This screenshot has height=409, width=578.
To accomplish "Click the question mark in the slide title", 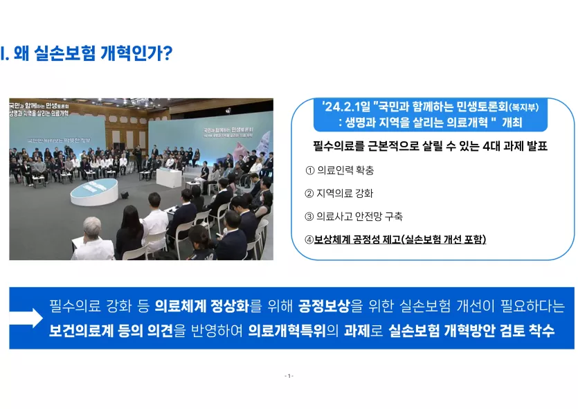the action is (168, 53).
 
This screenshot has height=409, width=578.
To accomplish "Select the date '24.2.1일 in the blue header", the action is (346, 107).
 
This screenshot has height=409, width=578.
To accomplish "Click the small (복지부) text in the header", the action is (523, 107).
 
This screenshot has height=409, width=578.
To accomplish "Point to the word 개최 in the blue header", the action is (512, 122).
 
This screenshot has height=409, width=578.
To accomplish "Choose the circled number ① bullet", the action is (309, 170).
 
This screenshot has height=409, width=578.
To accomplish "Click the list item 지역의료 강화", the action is (345, 194).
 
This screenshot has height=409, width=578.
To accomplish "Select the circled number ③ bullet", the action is (309, 217).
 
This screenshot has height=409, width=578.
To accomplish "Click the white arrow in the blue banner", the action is (26, 318).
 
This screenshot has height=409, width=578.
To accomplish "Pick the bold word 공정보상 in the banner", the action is (324, 306).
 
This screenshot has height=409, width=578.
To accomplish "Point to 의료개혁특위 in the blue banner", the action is (287, 331).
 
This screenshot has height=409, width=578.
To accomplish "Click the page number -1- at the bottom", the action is (289, 376).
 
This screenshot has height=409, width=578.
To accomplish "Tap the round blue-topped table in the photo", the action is (94, 192).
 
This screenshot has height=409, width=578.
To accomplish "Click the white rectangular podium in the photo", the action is (169, 178).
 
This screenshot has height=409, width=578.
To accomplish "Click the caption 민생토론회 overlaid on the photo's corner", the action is (57, 106).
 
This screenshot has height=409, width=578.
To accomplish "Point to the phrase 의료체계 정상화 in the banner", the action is (202, 306).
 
